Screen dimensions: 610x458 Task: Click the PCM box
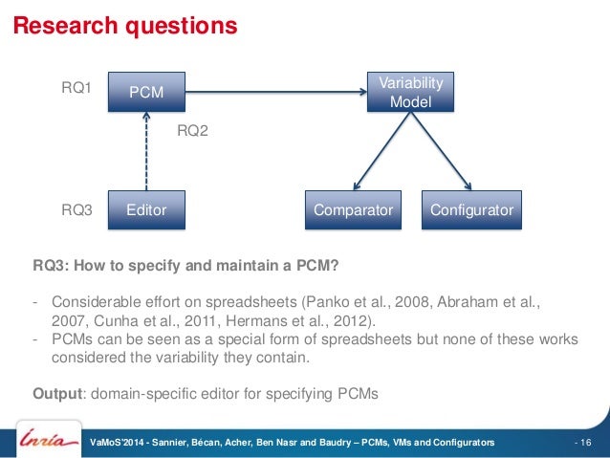145,93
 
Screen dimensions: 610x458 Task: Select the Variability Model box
411,92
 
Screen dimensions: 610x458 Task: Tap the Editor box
145,209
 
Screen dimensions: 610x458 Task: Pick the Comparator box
354,209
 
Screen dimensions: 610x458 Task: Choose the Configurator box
470,209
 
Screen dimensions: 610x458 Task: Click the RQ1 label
76,89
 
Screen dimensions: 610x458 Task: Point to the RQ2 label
193,131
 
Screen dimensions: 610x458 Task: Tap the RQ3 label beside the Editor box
76,209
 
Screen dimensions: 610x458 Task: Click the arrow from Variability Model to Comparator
380,151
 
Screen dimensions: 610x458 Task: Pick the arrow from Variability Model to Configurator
442,151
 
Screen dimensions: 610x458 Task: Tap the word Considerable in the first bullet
92,301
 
